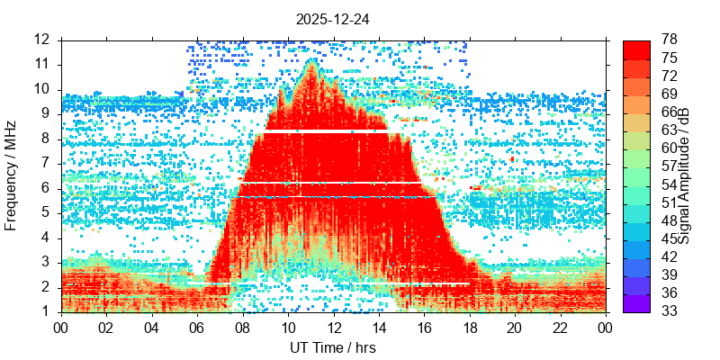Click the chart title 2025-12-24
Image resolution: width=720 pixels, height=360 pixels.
coord(333,18)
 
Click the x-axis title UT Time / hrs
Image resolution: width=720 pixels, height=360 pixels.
coord(333,347)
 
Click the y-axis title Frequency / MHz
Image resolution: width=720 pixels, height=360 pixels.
coord(12,175)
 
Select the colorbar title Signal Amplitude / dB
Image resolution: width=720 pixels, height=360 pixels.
coord(684,175)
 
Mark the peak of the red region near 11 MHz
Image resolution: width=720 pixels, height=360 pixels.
coord(311,61)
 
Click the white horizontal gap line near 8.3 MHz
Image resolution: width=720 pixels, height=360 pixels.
coord(324,131)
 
